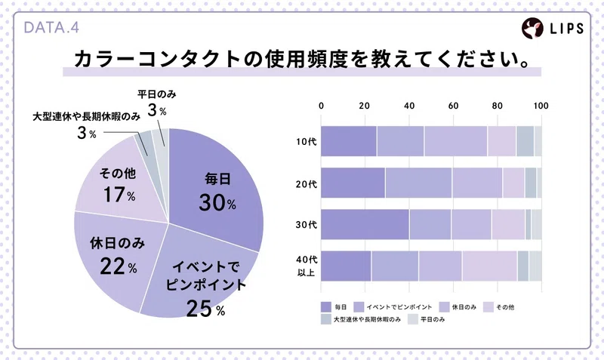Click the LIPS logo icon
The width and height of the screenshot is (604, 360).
(534, 29)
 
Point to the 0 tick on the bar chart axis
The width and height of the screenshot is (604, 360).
(322, 106)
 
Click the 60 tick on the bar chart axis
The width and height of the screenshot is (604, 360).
(454, 106)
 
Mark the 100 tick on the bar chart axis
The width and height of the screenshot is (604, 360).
(540, 106)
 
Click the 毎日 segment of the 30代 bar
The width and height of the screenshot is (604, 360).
(365, 224)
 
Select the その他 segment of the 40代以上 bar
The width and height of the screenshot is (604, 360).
(489, 266)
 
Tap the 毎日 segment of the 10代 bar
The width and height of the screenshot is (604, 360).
(349, 141)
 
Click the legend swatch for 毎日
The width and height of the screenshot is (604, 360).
(326, 306)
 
